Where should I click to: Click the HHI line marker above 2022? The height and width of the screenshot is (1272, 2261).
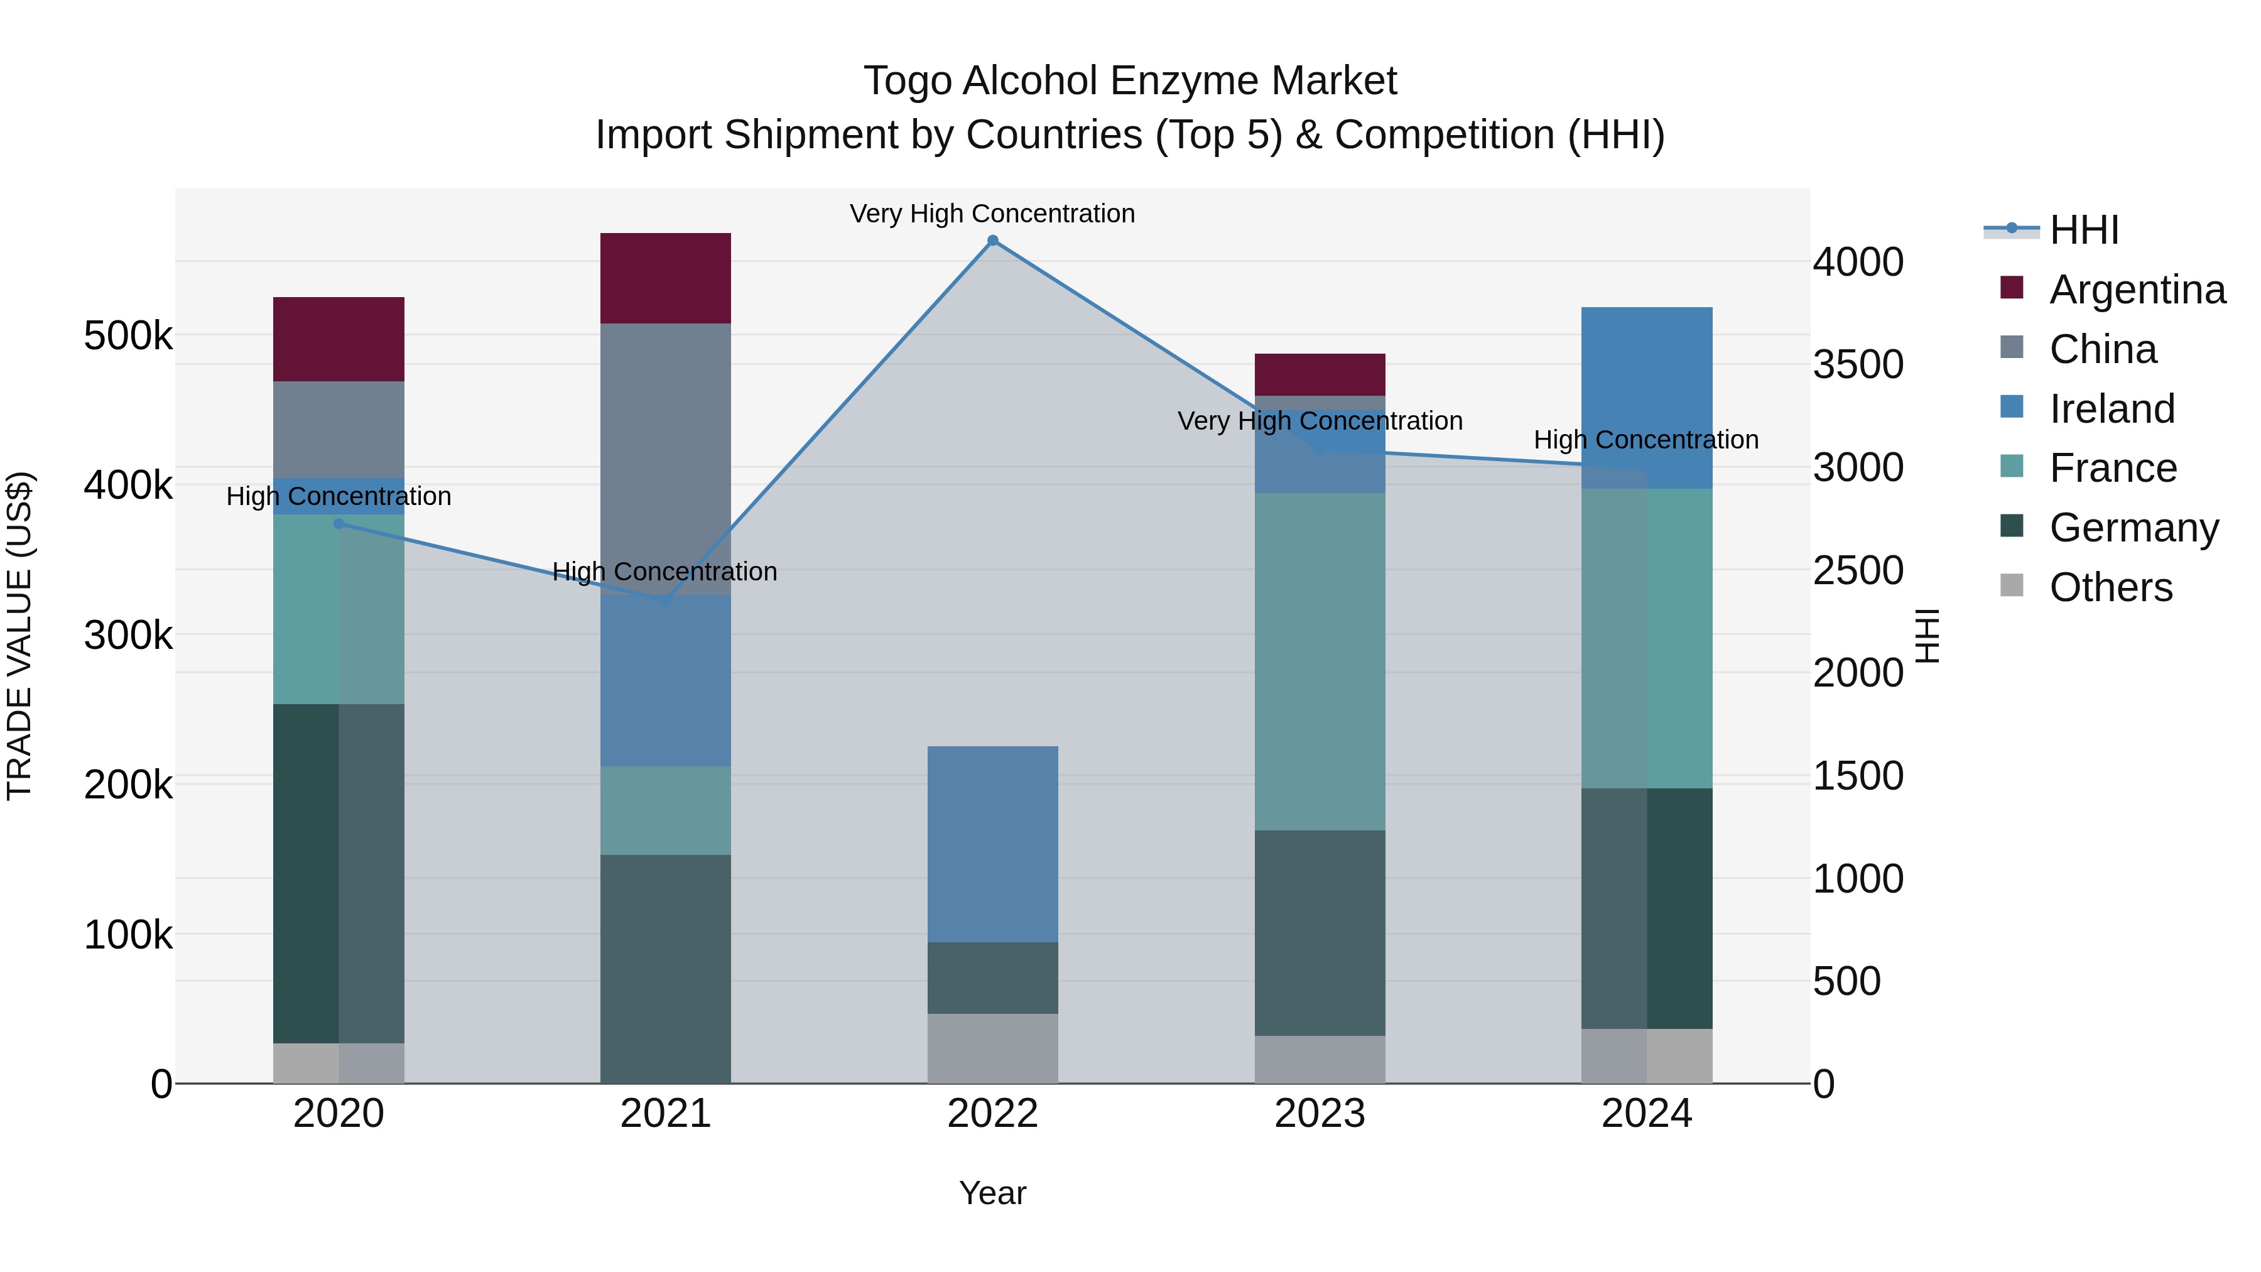[993, 241]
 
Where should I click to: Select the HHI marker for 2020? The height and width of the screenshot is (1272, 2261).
[339, 524]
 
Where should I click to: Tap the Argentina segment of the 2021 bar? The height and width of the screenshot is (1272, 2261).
[665, 278]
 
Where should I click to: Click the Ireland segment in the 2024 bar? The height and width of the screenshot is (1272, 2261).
[1647, 397]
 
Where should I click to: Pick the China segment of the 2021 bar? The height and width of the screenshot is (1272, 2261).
[665, 457]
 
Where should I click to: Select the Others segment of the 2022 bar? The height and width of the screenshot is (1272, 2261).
[993, 1048]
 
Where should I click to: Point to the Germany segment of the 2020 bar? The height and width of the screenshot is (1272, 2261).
[339, 874]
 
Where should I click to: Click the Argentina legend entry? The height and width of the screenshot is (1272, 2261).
[2137, 290]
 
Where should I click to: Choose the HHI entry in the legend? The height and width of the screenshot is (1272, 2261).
[2084, 230]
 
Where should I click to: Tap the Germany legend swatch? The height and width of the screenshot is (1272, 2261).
[2012, 527]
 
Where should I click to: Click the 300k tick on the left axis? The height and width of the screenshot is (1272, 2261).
[128, 634]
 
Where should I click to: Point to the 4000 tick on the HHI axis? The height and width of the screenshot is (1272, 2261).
[1857, 261]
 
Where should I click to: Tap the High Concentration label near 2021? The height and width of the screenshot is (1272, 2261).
[664, 572]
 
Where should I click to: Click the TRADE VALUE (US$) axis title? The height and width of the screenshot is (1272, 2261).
[19, 636]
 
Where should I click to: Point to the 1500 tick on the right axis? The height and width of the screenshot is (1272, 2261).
[1857, 776]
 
